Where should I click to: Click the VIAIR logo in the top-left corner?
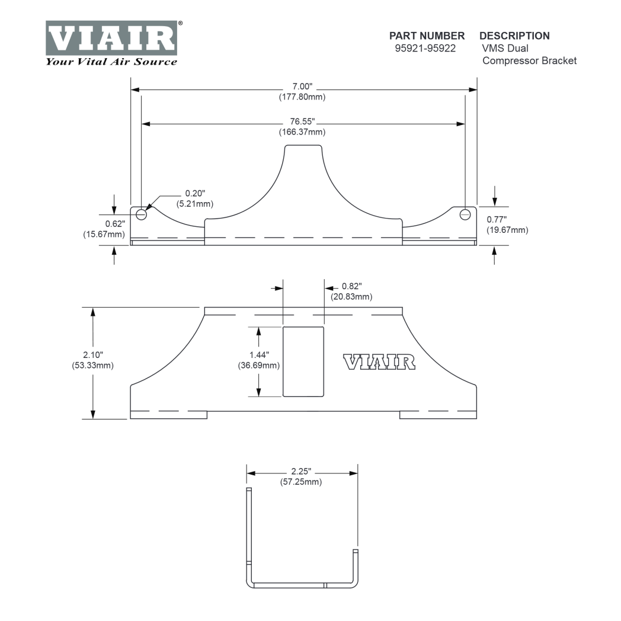tap(111, 38)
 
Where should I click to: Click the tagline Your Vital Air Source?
tap(111, 62)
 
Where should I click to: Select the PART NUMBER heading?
tap(427, 36)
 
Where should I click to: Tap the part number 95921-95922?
tap(425, 49)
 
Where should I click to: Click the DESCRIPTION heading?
tap(514, 36)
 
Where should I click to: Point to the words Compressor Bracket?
tap(530, 60)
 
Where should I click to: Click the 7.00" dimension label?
tap(302, 86)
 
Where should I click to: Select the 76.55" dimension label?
tap(302, 121)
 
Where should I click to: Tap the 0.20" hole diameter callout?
tap(196, 193)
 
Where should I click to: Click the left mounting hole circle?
tap(142, 215)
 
